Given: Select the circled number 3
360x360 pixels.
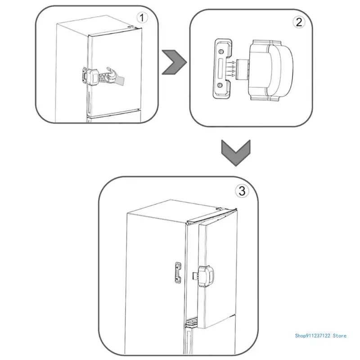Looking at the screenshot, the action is (242, 191).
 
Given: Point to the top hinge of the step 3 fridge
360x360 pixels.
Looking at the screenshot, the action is (221, 210).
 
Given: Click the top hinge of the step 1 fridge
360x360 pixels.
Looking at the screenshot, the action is (130, 27).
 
